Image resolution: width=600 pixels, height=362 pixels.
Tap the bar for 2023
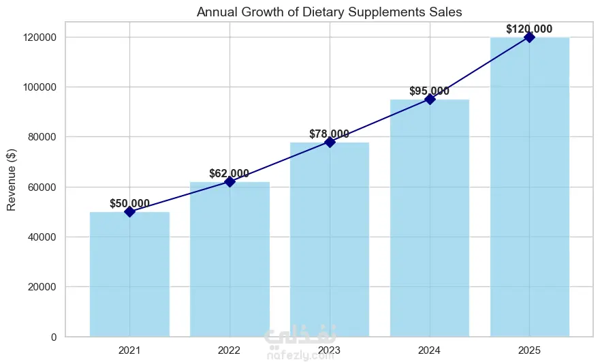click(x=330, y=239)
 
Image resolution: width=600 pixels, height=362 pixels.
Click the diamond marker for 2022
click(x=230, y=182)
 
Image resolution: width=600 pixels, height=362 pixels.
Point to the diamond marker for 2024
click(x=430, y=100)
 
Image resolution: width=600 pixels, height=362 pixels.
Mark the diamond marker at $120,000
click(x=529, y=37)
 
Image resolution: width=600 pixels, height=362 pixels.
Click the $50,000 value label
click(x=129, y=203)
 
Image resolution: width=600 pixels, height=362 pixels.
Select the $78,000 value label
click(x=330, y=134)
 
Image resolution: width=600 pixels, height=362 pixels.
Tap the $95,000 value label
click(x=429, y=91)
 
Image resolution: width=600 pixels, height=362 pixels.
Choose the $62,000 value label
click(x=230, y=173)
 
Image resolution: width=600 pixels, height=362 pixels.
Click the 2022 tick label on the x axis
click(x=230, y=351)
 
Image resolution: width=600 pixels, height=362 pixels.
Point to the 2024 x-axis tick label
click(x=430, y=351)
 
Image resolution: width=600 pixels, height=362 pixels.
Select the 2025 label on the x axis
click(x=529, y=351)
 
